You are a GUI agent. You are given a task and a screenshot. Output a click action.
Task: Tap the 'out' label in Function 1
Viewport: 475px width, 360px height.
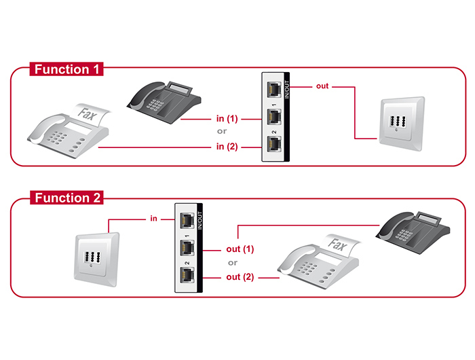(x=322, y=87)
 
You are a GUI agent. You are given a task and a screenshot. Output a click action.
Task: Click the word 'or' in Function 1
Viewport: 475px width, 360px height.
(x=222, y=132)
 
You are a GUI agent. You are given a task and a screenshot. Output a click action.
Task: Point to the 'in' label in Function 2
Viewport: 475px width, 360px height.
(x=154, y=219)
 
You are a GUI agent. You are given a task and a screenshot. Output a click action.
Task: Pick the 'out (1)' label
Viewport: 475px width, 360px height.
(x=240, y=249)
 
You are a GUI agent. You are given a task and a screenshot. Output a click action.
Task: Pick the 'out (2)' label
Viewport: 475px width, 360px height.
(x=240, y=277)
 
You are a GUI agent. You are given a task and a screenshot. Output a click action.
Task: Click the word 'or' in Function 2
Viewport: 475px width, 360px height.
(x=233, y=263)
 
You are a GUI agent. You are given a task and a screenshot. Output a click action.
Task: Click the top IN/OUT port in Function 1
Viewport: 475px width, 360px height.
(x=275, y=89)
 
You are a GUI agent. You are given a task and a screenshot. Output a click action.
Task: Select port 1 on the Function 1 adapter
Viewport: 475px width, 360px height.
(x=275, y=116)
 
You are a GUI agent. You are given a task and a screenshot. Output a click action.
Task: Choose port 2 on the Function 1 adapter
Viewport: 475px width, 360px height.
(x=275, y=144)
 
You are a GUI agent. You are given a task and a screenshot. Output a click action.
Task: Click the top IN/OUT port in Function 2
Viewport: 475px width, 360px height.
(x=187, y=220)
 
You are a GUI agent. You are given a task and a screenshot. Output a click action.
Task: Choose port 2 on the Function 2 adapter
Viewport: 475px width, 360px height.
(x=187, y=275)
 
